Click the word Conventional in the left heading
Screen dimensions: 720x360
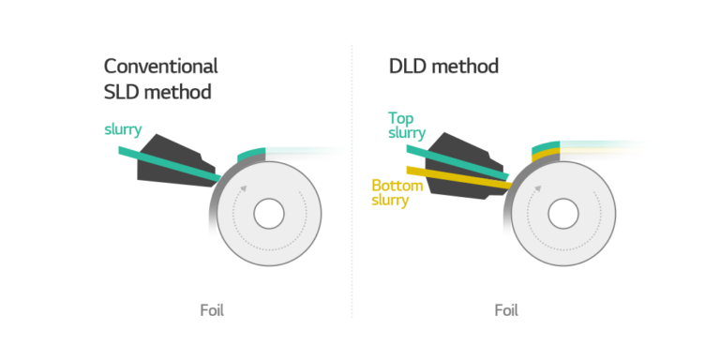(161, 67)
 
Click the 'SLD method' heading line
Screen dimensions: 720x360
(157, 92)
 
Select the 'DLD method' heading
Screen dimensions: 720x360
(443, 67)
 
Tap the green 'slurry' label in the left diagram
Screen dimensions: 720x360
(123, 128)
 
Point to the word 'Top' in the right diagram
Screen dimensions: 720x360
(402, 118)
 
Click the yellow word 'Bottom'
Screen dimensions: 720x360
(397, 186)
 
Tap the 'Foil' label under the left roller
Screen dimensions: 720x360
(212, 310)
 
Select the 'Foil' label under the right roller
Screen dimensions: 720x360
(505, 310)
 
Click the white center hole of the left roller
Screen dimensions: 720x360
(269, 213)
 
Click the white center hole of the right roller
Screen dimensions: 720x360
(562, 213)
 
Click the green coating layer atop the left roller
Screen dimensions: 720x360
(253, 152)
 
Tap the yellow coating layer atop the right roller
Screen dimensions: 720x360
(545, 157)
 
